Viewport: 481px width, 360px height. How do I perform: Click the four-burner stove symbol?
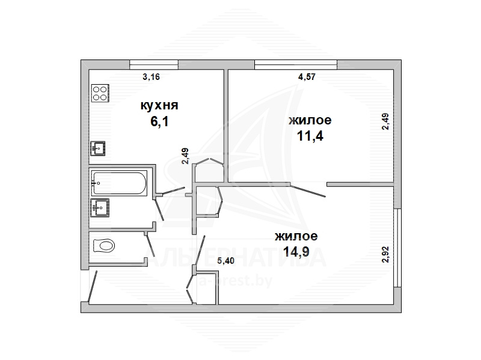[x=100, y=93]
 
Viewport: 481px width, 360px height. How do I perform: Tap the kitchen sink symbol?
[x=98, y=148]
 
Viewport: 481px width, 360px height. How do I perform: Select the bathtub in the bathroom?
[x=119, y=183]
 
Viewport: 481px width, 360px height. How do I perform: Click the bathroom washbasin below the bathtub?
[x=100, y=207]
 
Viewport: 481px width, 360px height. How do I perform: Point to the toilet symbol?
[x=103, y=245]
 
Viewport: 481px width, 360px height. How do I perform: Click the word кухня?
[x=159, y=105]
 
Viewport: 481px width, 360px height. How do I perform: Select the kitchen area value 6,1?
[x=159, y=121]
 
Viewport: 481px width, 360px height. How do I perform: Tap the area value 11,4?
[x=310, y=136]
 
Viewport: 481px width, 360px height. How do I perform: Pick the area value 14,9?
[x=296, y=252]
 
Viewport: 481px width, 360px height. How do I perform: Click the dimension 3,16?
[x=152, y=76]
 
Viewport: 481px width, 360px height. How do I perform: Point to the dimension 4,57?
[x=307, y=77]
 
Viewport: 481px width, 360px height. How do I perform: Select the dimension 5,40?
[x=225, y=261]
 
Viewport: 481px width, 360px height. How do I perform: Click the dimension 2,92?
[x=385, y=254]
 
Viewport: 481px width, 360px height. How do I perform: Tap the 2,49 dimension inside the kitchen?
[x=185, y=156]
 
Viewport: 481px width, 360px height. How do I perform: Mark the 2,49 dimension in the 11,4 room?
[x=385, y=121]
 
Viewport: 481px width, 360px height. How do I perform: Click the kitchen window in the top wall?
[x=154, y=64]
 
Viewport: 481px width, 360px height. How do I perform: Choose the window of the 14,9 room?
[x=397, y=248]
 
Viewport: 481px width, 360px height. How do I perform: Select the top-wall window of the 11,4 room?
[x=296, y=64]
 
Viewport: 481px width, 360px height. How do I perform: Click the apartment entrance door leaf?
[x=93, y=287]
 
